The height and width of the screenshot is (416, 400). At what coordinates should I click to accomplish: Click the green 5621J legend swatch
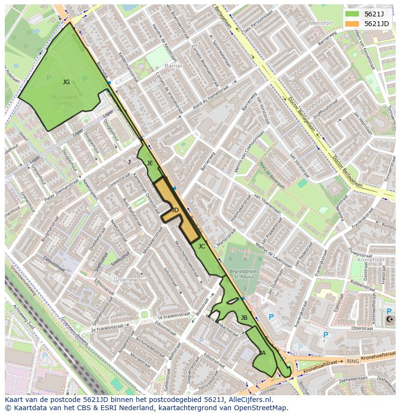[352, 14]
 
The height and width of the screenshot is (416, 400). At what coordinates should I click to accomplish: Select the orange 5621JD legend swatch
[352, 24]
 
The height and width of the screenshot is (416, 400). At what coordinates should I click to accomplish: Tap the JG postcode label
[66, 82]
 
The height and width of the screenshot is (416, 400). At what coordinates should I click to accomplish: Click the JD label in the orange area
[175, 210]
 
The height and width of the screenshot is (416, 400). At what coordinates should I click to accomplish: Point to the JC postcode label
[201, 246]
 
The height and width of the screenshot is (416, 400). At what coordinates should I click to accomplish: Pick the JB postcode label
[244, 317]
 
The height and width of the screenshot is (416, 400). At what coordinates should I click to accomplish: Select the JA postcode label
[262, 353]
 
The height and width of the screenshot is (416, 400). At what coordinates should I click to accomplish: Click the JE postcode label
[150, 163]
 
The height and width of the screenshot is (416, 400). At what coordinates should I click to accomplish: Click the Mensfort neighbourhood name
[321, 23]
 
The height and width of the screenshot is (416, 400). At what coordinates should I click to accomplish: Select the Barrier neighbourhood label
[173, 66]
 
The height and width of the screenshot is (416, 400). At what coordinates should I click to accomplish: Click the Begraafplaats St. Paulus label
[244, 274]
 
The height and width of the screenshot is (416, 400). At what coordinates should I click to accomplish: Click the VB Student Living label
[64, 100]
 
